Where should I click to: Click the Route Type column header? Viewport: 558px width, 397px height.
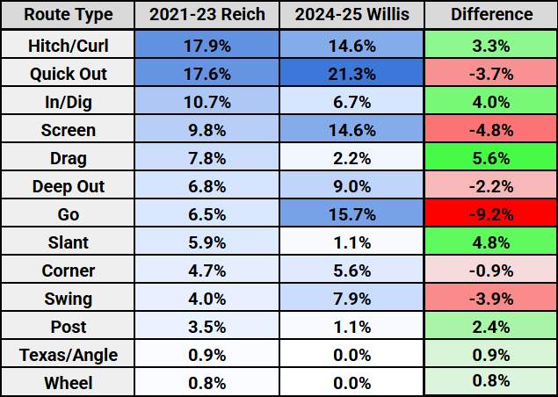pyautogui.click(x=68, y=15)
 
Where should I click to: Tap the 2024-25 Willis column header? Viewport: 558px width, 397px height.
pyautogui.click(x=351, y=15)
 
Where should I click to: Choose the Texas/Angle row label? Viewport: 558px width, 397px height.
pyautogui.click(x=68, y=354)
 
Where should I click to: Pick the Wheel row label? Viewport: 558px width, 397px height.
pyautogui.click(x=68, y=382)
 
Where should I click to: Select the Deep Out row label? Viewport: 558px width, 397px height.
pyautogui.click(x=68, y=185)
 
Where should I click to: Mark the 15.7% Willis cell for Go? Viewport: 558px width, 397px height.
pyautogui.click(x=351, y=213)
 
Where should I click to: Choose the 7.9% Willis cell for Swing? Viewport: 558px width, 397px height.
pyautogui.click(x=351, y=298)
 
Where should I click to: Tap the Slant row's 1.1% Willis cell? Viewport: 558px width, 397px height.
pyautogui.click(x=351, y=242)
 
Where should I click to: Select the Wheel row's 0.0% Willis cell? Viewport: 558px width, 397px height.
pyautogui.click(x=351, y=382)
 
